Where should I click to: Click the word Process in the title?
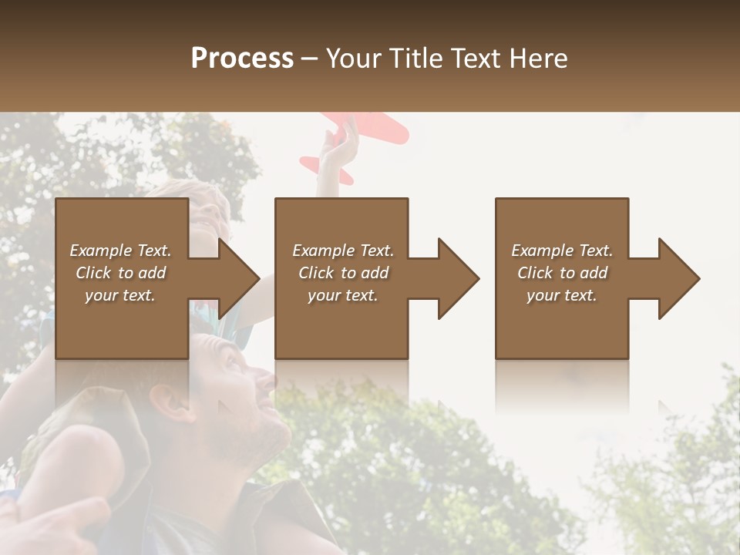[x=242, y=58]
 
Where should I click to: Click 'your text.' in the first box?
[x=120, y=295]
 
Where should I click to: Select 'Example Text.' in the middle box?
[x=343, y=251]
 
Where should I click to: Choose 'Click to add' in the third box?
[x=562, y=273]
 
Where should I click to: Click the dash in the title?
[x=310, y=59]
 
